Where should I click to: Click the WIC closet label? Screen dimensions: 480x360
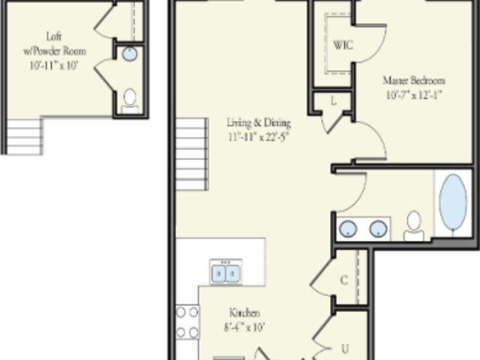[343, 45]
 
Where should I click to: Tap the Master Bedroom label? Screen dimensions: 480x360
[414, 80]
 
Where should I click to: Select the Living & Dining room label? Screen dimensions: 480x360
[259, 123]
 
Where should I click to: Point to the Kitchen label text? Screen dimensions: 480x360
[244, 313]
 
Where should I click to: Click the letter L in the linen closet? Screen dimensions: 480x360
[333, 101]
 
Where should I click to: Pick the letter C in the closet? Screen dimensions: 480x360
[344, 280]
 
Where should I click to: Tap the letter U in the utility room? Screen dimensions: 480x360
[345, 349]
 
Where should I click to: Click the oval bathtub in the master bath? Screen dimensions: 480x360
[453, 202]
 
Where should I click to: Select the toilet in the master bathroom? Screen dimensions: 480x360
[414, 226]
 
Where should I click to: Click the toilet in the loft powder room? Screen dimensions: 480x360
[130, 101]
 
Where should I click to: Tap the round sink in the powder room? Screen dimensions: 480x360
[130, 54]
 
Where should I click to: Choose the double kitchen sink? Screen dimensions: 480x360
[226, 272]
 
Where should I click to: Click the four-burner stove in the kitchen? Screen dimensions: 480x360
[187, 322]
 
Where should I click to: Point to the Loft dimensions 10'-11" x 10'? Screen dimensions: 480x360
[54, 65]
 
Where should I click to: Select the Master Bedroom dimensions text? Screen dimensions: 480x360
[414, 95]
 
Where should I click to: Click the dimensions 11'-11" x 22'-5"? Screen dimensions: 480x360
[259, 136]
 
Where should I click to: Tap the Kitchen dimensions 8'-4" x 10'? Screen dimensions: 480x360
[244, 328]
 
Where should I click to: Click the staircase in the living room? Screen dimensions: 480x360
[192, 154]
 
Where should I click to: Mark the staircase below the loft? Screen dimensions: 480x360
[25, 136]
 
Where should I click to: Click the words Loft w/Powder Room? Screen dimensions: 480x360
[54, 43]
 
